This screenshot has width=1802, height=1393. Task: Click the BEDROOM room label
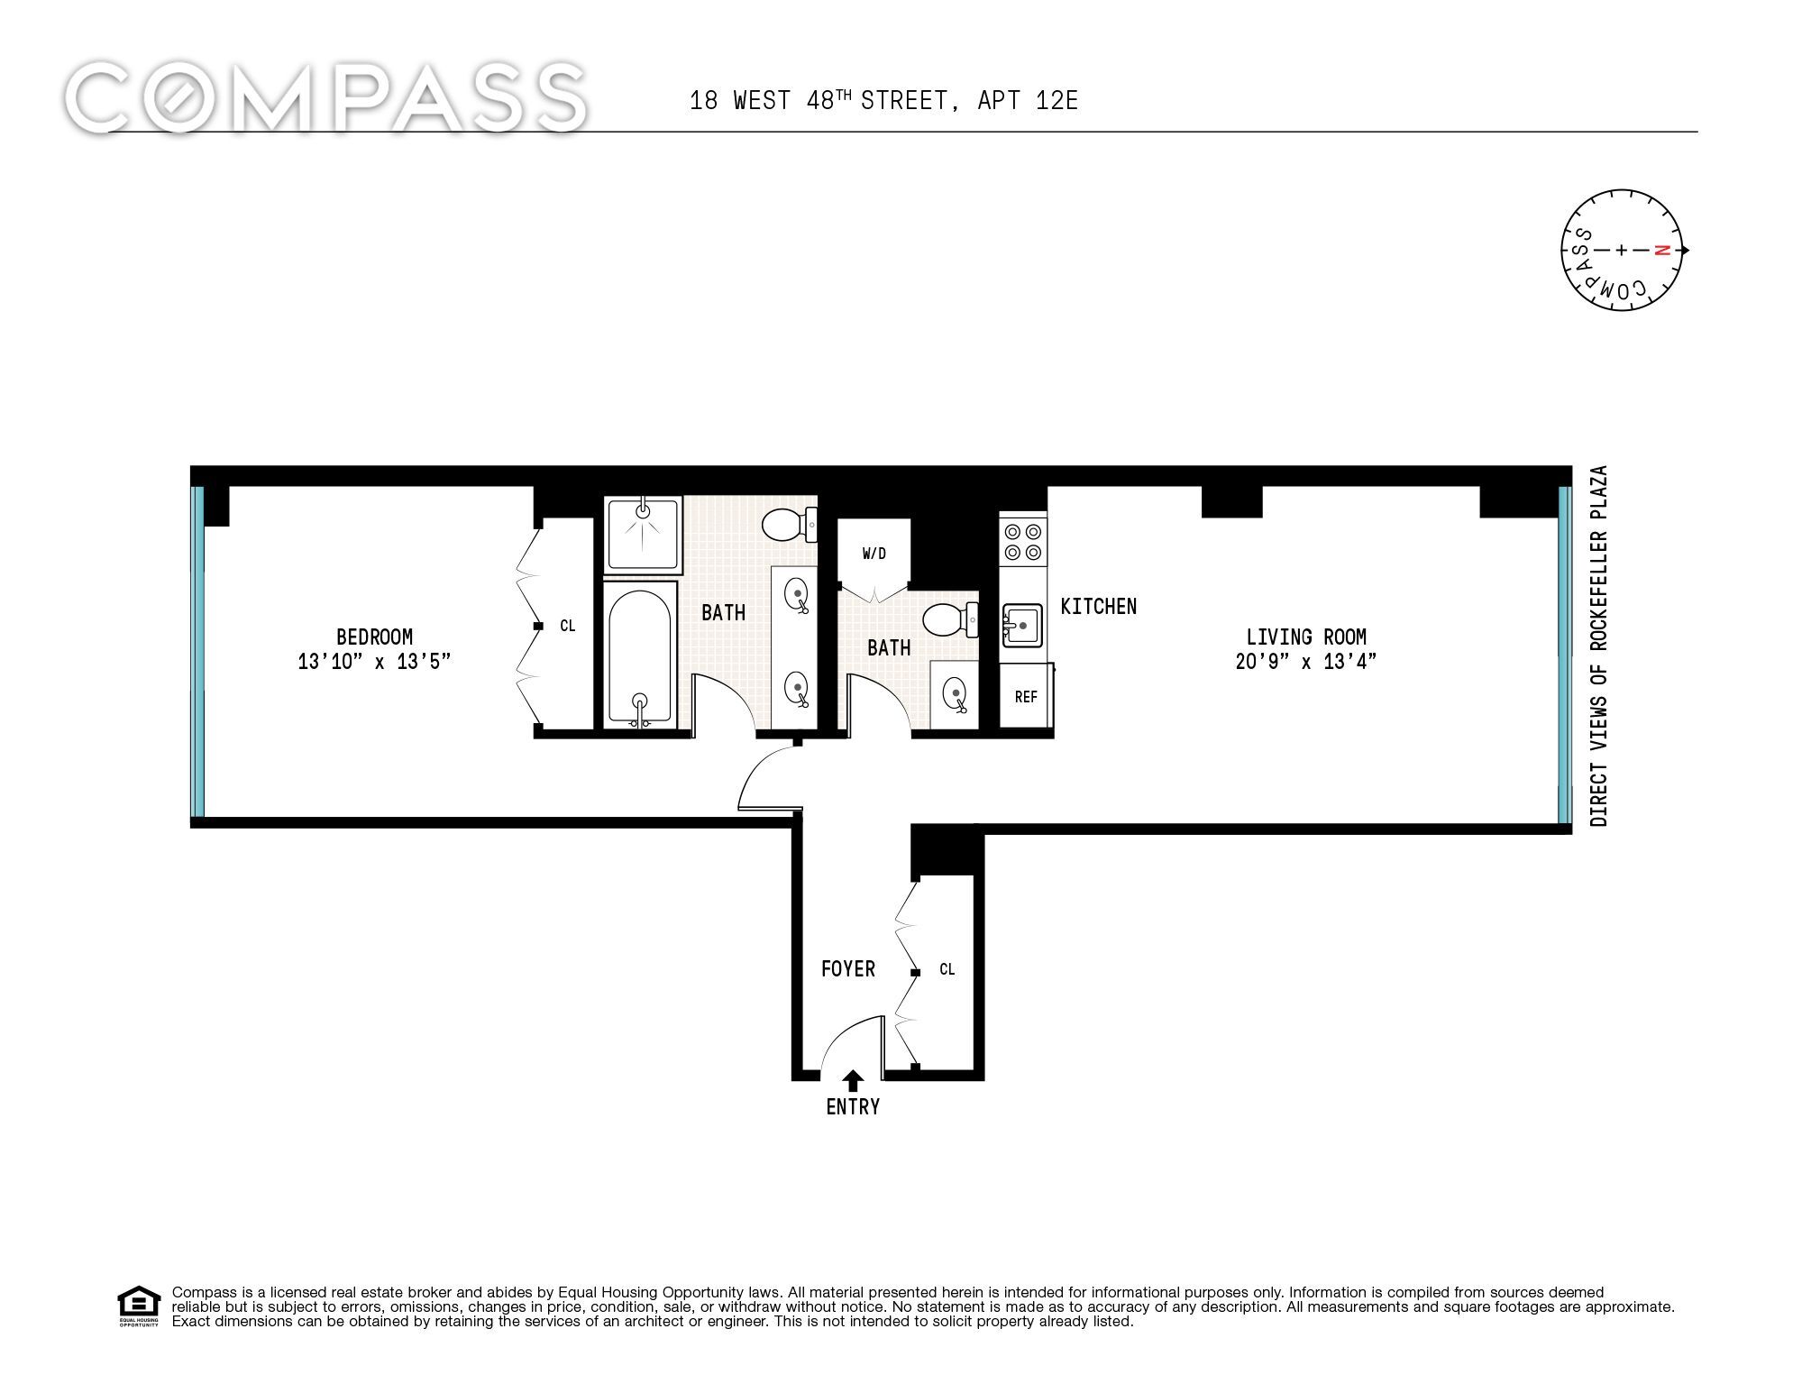click(x=374, y=637)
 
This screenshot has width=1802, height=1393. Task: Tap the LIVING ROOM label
click(x=1306, y=637)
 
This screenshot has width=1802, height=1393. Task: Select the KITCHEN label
click(x=1098, y=606)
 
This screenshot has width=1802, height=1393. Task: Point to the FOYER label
click(x=847, y=968)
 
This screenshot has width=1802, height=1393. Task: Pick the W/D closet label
click(x=874, y=554)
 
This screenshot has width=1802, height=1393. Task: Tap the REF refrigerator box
click(x=1026, y=696)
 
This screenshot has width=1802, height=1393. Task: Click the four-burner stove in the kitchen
click(x=1023, y=541)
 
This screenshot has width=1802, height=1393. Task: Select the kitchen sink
click(x=1021, y=625)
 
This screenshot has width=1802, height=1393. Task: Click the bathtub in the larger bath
click(x=639, y=655)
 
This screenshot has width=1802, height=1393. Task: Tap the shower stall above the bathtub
click(x=643, y=535)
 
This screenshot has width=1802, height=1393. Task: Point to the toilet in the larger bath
click(x=790, y=524)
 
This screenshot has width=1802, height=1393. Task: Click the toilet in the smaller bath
click(x=950, y=620)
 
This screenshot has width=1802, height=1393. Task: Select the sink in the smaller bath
click(x=955, y=693)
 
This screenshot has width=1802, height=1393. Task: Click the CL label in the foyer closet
click(x=947, y=969)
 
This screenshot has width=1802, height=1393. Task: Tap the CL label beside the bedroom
click(x=567, y=626)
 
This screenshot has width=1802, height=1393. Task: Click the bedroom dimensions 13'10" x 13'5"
click(x=374, y=662)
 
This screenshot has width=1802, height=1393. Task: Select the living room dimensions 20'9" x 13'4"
click(x=1306, y=662)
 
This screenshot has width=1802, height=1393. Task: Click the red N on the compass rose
click(x=1665, y=250)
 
